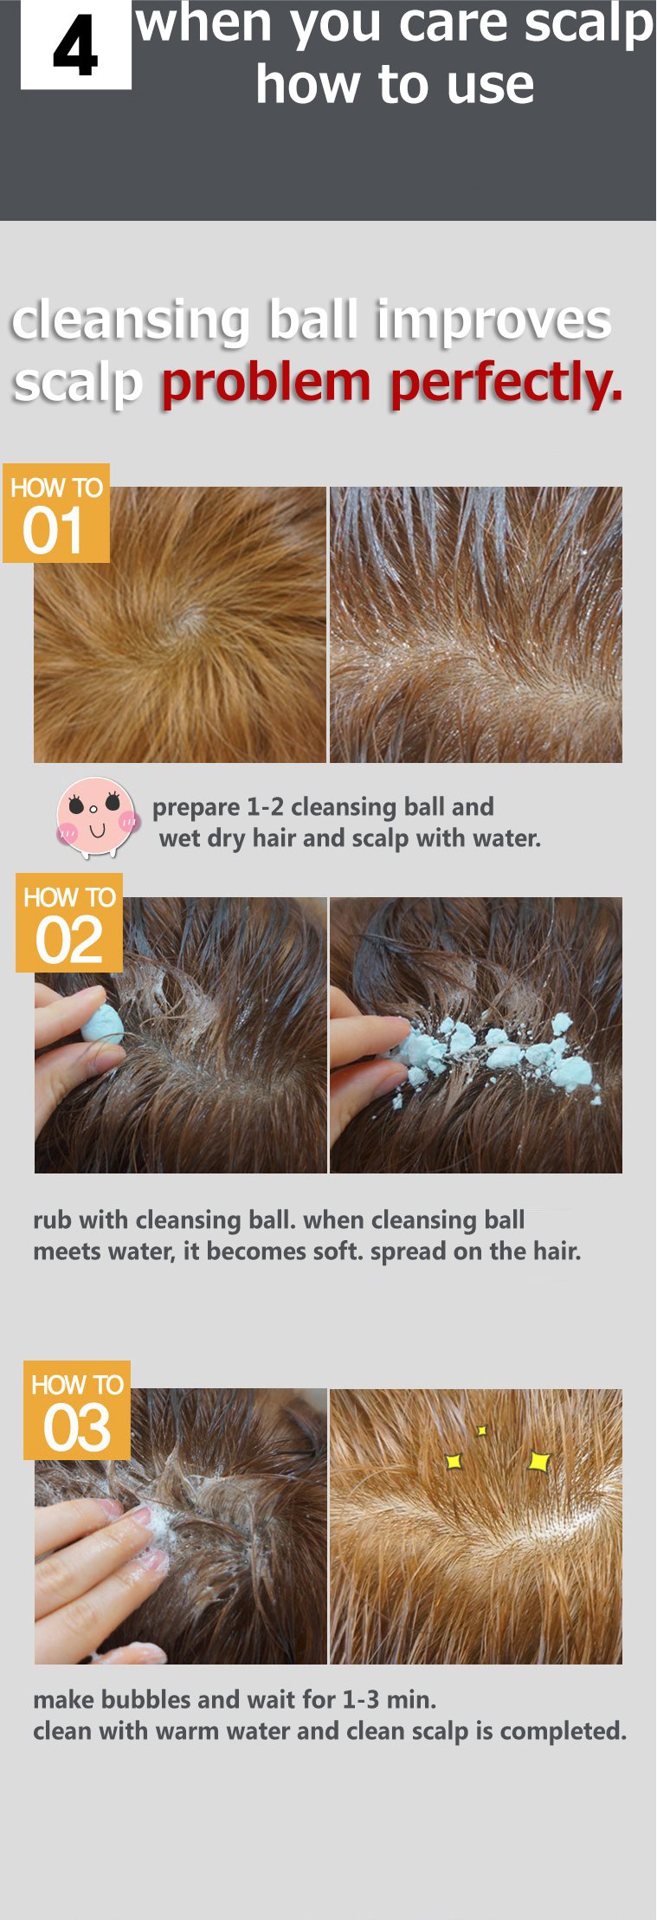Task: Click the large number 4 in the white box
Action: (x=75, y=47)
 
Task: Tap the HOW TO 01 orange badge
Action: (x=56, y=514)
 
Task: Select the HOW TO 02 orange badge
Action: (x=69, y=923)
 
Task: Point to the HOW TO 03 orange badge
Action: (x=77, y=1411)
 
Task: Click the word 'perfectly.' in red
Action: (x=506, y=383)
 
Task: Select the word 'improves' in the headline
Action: (x=493, y=321)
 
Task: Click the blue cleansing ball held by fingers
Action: (x=101, y=1025)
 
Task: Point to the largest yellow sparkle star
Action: (x=538, y=1461)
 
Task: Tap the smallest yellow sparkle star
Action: (x=482, y=1430)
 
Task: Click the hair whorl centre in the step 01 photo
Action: (x=189, y=617)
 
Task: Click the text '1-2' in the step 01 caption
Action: (x=265, y=807)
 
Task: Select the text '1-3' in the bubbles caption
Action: (x=360, y=1699)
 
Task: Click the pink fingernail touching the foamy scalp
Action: (x=139, y=1515)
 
